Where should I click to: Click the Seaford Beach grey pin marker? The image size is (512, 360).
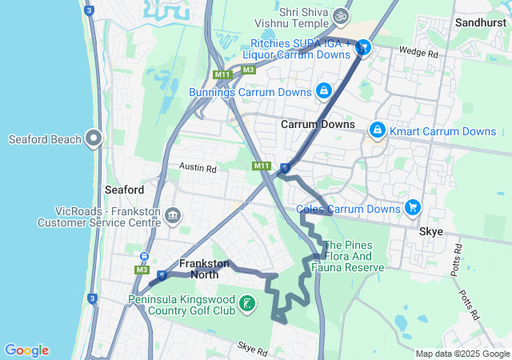click(x=94, y=138)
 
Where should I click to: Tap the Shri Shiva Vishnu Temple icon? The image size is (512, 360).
click(x=342, y=16)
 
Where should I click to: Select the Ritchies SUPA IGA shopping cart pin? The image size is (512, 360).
click(x=363, y=49)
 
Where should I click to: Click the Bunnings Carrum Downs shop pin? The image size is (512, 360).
click(x=324, y=92)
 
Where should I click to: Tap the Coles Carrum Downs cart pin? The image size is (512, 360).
click(x=413, y=208)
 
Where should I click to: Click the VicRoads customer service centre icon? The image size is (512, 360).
click(x=172, y=215)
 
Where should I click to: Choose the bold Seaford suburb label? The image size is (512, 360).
click(x=124, y=190)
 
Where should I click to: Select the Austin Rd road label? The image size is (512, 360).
click(x=198, y=169)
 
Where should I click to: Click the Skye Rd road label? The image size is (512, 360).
click(x=252, y=346)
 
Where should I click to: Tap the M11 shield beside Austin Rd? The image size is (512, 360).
click(x=261, y=166)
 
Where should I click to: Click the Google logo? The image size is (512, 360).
click(x=26, y=350)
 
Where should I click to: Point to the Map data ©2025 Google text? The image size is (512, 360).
click(x=462, y=354)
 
